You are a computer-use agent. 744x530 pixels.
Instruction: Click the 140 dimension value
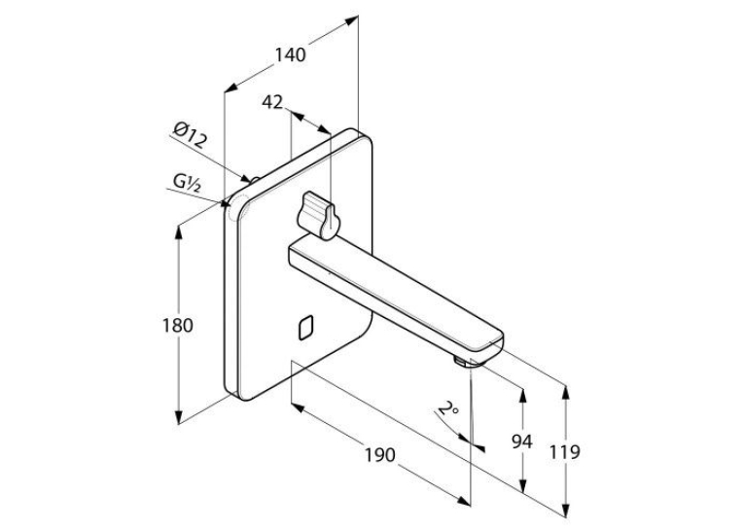291,55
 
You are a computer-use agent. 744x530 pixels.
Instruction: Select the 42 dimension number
272,102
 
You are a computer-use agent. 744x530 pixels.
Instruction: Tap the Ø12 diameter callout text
190,135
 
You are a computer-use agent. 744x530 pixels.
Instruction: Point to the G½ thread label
187,182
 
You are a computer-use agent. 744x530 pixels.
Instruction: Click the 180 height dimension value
177,326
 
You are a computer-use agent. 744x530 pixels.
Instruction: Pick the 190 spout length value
379,454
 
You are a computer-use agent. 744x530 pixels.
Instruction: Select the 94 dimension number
522,442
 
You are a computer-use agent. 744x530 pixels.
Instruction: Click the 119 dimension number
565,452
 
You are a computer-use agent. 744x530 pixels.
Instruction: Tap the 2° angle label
447,408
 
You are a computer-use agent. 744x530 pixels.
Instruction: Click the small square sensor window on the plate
305,328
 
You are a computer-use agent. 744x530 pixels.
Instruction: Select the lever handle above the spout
317,215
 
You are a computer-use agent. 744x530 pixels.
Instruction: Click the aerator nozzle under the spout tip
461,363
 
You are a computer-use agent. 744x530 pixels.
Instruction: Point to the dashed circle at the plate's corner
235,208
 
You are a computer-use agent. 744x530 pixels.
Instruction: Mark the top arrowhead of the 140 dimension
351,20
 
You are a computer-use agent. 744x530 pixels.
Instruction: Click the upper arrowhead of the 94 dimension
523,396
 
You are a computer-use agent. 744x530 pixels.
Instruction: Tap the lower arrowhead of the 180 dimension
178,417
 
